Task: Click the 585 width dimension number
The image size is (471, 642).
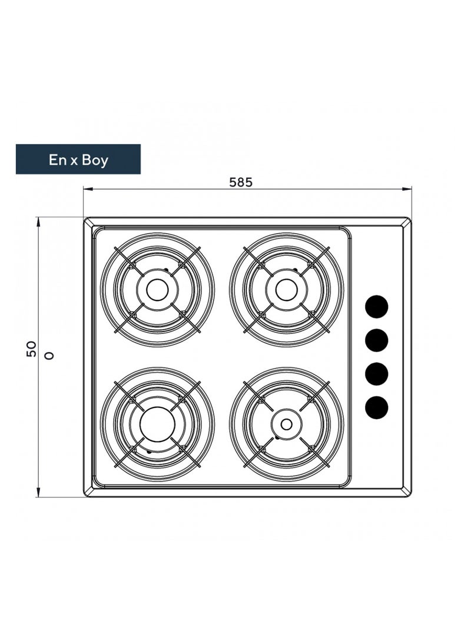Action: pyautogui.click(x=241, y=182)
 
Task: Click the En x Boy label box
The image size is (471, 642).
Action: pyautogui.click(x=78, y=159)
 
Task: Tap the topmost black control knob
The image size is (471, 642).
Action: pyautogui.click(x=377, y=306)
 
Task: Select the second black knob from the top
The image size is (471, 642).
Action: pyautogui.click(x=377, y=340)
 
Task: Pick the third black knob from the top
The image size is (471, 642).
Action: pyautogui.click(x=377, y=374)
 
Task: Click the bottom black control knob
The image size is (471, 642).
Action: pyautogui.click(x=377, y=407)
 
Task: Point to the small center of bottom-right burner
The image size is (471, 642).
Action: pyautogui.click(x=286, y=424)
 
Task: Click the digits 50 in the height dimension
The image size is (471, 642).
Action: pyautogui.click(x=32, y=349)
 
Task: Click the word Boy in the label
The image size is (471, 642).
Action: pyautogui.click(x=95, y=159)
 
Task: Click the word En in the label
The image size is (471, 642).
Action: pyautogui.click(x=57, y=159)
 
